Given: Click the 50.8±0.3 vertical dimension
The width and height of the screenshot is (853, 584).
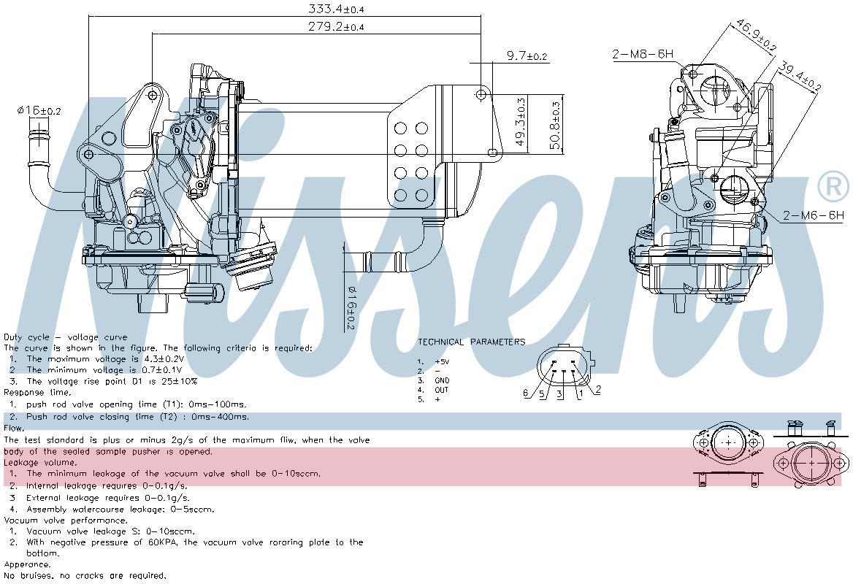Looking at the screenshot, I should (556, 122).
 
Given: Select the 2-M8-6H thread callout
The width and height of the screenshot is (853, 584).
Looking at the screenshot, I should (642, 54).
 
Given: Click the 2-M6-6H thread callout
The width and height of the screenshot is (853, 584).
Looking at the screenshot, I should (814, 215).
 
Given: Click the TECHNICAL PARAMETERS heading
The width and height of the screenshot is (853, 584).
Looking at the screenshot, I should (471, 342).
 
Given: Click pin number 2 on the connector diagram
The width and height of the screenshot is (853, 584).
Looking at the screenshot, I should (597, 389).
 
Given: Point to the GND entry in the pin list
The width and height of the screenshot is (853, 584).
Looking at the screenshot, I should (442, 380).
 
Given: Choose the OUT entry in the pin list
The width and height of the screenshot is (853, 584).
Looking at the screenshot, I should (442, 390).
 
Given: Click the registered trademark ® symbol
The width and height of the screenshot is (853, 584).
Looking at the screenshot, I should (833, 187).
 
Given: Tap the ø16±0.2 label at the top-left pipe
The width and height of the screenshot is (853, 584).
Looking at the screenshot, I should (39, 110).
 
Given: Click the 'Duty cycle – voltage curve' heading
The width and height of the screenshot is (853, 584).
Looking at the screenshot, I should (65, 337).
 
